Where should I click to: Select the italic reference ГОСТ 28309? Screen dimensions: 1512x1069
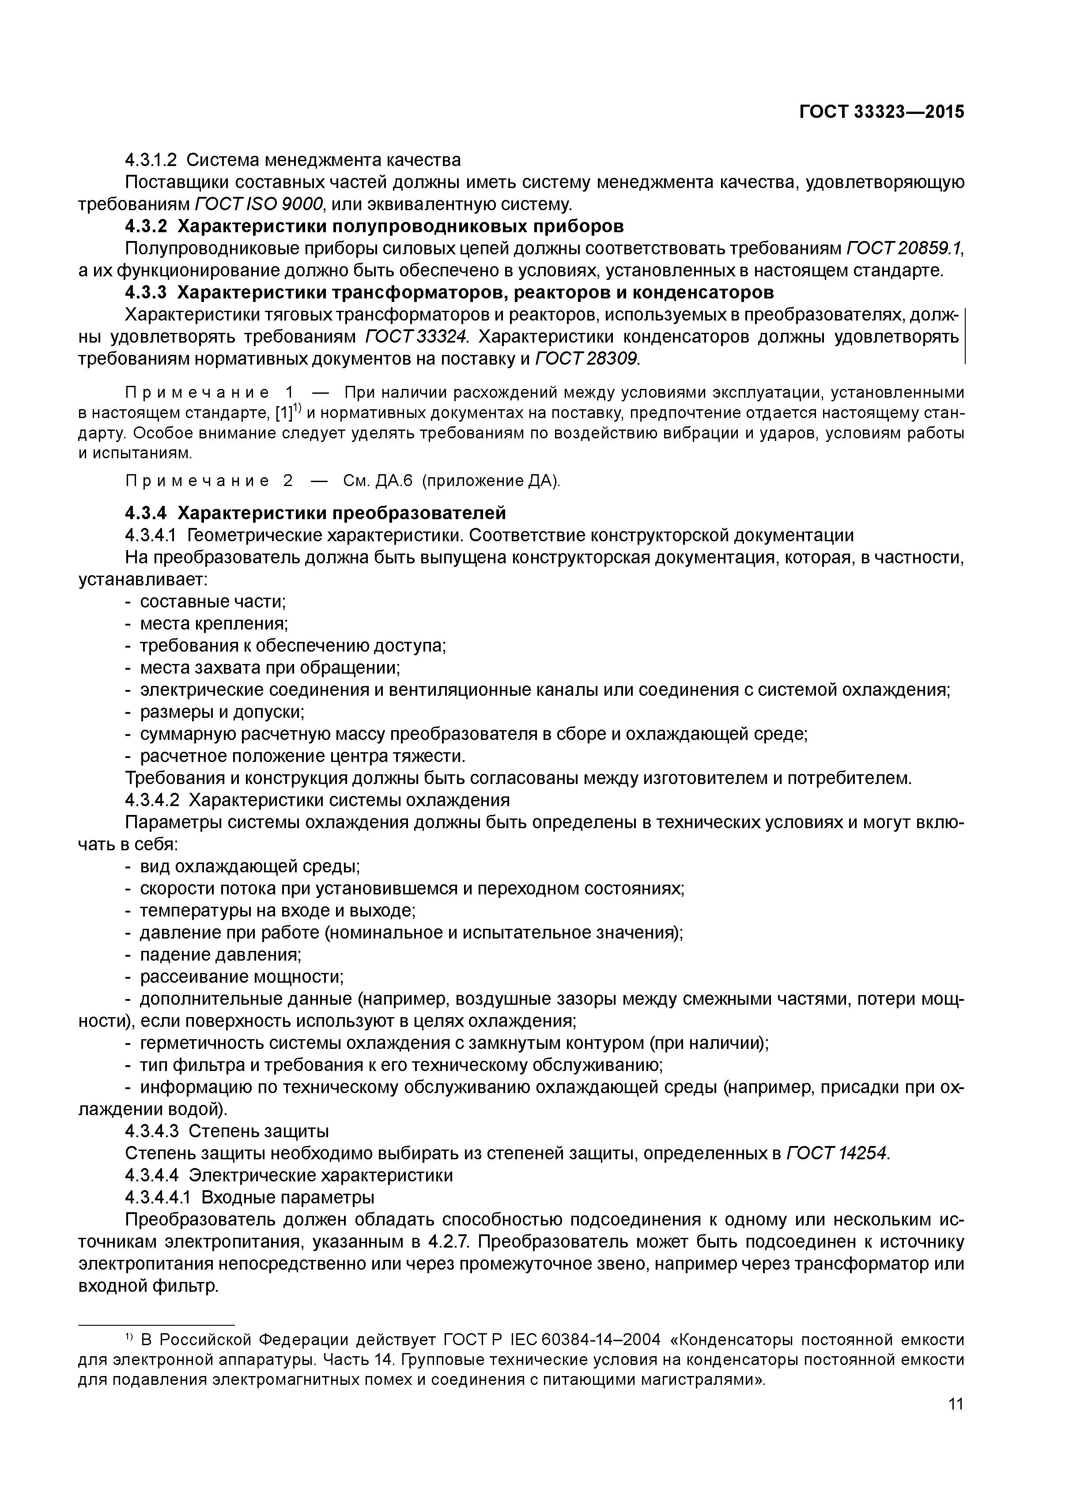pyautogui.click(x=587, y=359)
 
